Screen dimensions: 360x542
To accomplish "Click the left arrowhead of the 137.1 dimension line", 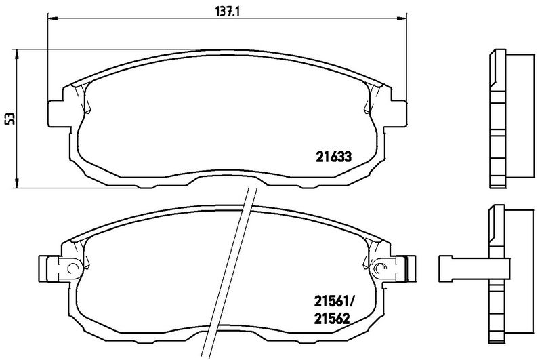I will pyautogui.click(x=51, y=19).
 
